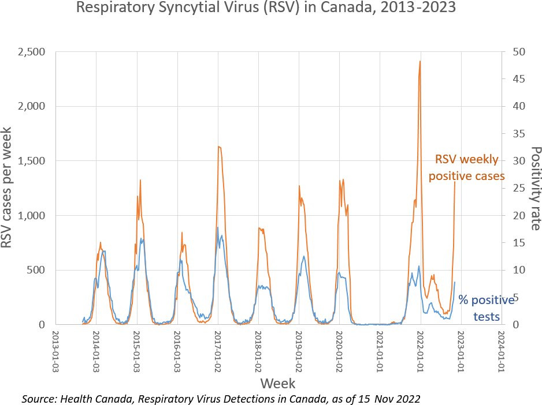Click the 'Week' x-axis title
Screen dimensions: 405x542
(278, 383)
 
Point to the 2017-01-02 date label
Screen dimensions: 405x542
(218, 350)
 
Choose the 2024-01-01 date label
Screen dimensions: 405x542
(500, 350)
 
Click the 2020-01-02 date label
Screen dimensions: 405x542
(339, 350)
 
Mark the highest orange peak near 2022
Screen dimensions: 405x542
(420, 62)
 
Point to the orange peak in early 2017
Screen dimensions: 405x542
(218, 147)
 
